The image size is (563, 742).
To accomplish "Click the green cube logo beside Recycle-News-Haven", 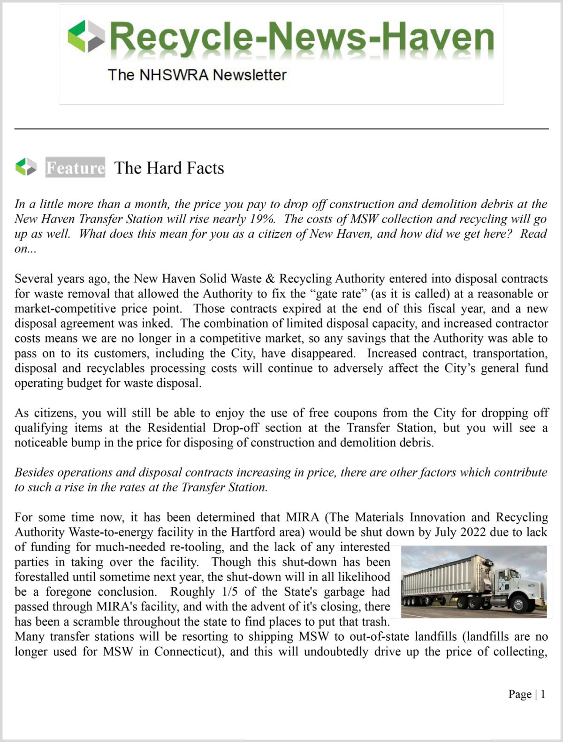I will click(x=86, y=36).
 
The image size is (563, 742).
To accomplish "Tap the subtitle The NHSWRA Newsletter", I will click(x=197, y=75).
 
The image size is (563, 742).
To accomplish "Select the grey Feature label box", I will click(x=75, y=167).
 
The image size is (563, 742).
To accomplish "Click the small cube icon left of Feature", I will click(x=26, y=167).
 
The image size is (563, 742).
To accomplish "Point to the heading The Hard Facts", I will click(x=169, y=168).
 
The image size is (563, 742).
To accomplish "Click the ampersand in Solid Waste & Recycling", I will click(x=270, y=279).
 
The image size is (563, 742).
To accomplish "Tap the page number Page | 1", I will click(x=526, y=694).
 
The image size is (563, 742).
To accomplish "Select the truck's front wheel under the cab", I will click(x=520, y=604).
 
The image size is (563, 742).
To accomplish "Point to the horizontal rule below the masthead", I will click(x=281, y=129).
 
